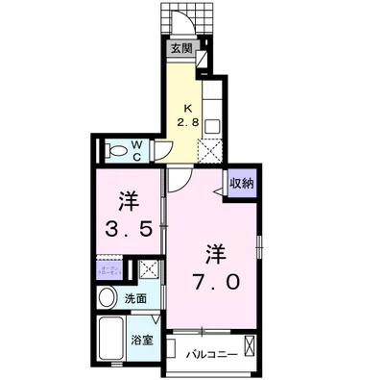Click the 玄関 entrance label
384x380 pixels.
[181, 47]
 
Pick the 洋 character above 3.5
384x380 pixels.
[129, 202]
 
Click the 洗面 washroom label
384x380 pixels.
[135, 299]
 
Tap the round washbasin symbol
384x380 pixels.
[108, 298]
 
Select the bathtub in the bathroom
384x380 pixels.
[113, 340]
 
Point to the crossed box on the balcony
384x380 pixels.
[250, 346]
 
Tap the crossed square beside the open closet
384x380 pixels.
[148, 268]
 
